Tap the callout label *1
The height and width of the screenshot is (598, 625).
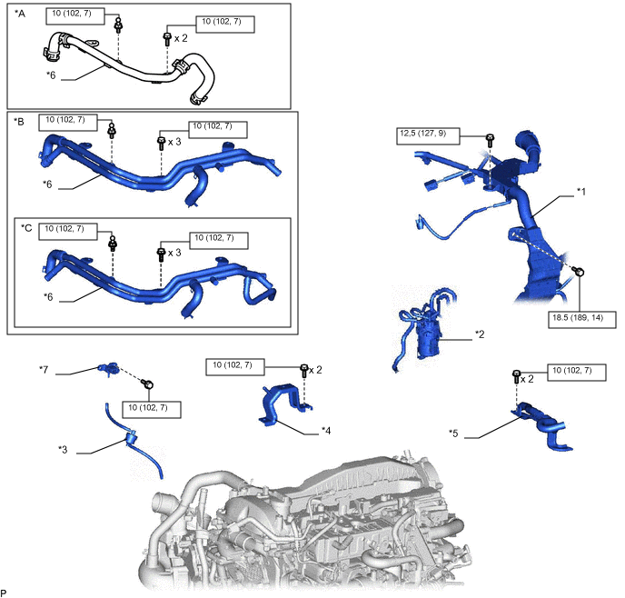(x=582, y=193)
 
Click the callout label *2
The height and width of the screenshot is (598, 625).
(x=480, y=334)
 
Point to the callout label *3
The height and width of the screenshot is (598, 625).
(x=63, y=449)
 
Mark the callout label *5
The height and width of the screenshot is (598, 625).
(x=454, y=433)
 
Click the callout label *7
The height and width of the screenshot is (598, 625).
(x=44, y=369)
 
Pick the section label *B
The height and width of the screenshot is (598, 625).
(x=19, y=121)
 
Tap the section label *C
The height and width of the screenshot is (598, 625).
(x=27, y=226)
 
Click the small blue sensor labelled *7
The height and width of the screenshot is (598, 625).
(x=107, y=368)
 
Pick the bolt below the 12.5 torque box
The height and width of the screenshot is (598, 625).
(x=490, y=140)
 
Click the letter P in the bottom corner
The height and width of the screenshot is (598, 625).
(x=5, y=591)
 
